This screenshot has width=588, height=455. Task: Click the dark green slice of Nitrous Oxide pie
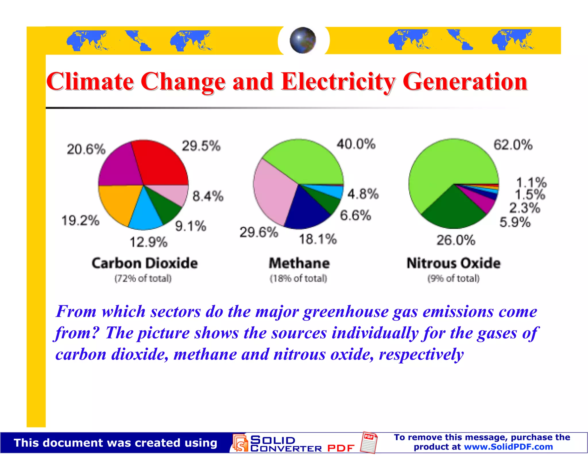(x=454, y=209)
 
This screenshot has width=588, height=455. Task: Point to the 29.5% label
(x=201, y=146)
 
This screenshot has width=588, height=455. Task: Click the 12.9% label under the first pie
(x=148, y=242)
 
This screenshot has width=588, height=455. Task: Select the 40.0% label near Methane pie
(x=356, y=144)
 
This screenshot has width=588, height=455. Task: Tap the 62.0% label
(x=513, y=145)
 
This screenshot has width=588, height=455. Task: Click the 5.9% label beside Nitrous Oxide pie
(x=515, y=222)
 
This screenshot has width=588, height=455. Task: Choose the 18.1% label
(x=318, y=239)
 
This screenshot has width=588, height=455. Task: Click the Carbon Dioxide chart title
(x=145, y=263)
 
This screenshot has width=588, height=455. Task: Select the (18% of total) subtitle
(x=298, y=278)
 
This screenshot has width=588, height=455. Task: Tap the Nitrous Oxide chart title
(x=454, y=263)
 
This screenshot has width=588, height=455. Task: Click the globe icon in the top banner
(x=303, y=40)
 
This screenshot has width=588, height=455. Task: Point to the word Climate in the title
(x=90, y=82)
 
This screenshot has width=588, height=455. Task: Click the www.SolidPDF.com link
(x=508, y=447)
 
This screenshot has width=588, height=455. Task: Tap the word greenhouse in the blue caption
(x=346, y=312)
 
